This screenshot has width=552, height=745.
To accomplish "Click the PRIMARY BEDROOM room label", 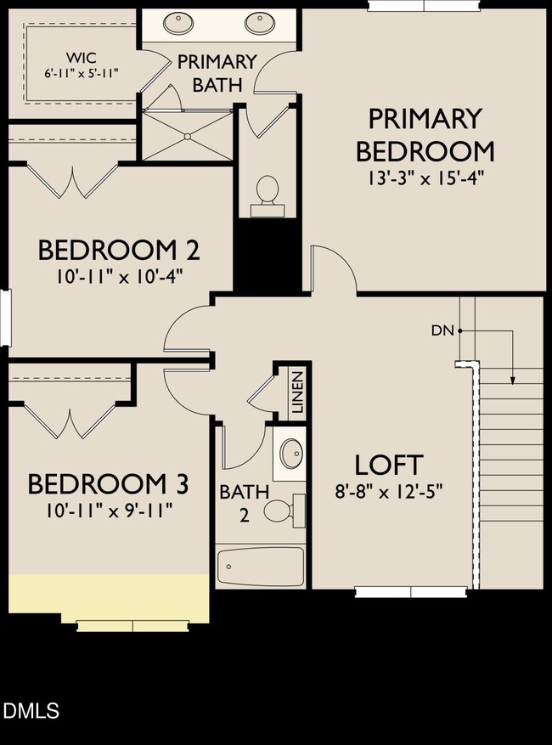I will (x=425, y=135).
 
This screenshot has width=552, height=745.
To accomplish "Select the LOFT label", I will (x=388, y=465).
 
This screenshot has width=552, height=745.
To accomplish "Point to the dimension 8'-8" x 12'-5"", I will (x=388, y=491).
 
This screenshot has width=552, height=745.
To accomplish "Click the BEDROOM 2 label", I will (x=119, y=251).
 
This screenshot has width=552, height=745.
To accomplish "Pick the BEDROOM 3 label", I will (x=108, y=484).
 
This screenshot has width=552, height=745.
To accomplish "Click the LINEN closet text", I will (x=297, y=392).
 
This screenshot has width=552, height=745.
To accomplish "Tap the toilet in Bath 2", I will (x=279, y=510).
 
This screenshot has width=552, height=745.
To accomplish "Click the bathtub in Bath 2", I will (x=260, y=565).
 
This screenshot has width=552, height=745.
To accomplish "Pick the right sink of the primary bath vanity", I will (x=257, y=22).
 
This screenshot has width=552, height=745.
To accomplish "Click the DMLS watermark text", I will (x=31, y=710).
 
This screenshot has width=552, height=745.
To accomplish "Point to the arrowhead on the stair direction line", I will (x=513, y=380).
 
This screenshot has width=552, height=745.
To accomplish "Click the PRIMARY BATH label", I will (x=217, y=73).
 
